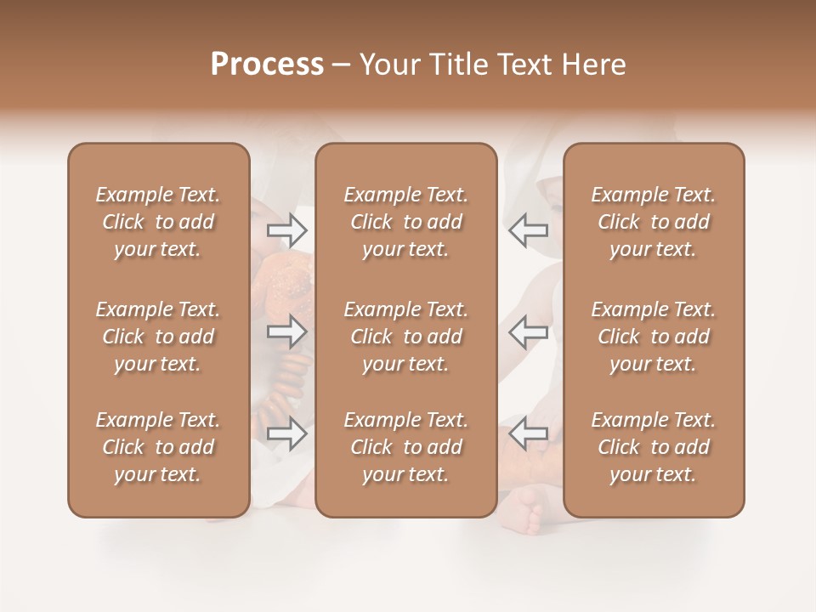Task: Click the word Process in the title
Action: [267, 64]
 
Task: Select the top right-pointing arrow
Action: [287, 229]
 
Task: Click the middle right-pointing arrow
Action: [287, 331]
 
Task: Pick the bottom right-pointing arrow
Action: [287, 434]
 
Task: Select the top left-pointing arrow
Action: [528, 229]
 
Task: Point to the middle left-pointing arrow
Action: [528, 331]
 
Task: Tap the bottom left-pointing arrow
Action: [528, 434]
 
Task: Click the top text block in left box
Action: [158, 222]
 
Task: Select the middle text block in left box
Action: [158, 337]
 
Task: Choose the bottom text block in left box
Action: [158, 447]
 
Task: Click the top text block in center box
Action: [405, 222]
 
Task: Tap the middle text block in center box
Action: [405, 337]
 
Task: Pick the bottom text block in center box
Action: [405, 447]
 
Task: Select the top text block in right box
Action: [653, 222]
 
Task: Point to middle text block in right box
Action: [653, 337]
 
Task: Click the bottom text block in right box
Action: [653, 447]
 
